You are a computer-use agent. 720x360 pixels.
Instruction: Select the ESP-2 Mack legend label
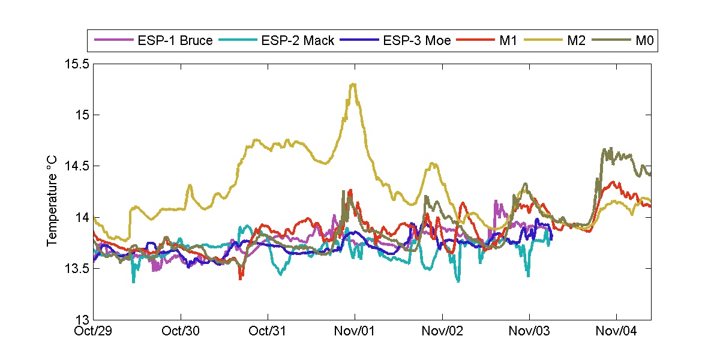(x=298, y=41)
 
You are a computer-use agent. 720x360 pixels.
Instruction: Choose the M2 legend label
(x=575, y=41)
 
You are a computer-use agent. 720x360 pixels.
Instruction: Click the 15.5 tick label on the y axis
(x=77, y=64)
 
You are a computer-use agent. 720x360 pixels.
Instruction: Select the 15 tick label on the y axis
(x=82, y=115)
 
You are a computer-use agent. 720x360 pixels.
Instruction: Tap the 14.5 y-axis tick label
(x=77, y=166)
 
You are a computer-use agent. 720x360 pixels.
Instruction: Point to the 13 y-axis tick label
(x=82, y=319)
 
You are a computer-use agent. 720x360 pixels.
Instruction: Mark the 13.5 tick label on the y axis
(x=77, y=268)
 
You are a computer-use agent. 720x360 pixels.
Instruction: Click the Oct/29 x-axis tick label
(x=94, y=331)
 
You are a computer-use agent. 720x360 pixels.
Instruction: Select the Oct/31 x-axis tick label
(x=268, y=331)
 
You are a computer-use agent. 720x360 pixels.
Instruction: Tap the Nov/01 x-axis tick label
(x=355, y=331)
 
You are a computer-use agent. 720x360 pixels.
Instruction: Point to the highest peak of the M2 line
(x=353, y=84)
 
